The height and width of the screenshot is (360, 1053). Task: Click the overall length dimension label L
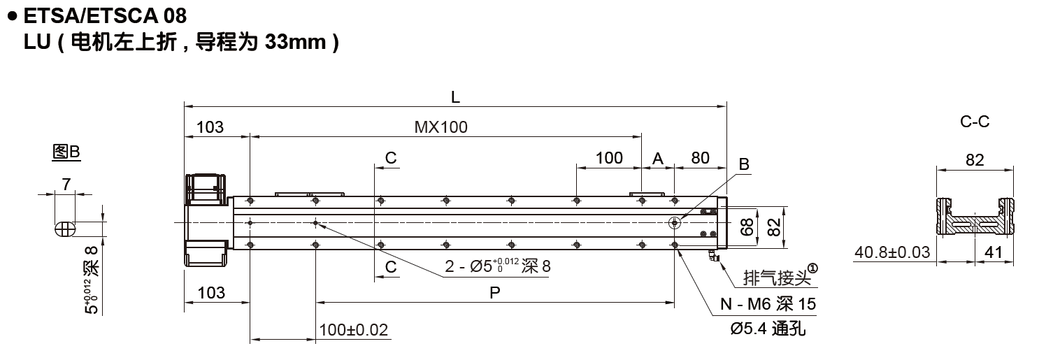coord(455,99)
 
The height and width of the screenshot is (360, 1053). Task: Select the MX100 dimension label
coord(440,127)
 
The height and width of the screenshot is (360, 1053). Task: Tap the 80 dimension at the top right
coord(700,158)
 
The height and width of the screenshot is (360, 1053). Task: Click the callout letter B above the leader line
coord(744,165)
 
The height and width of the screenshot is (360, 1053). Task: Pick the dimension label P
coord(494,294)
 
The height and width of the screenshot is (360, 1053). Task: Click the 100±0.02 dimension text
coord(353,330)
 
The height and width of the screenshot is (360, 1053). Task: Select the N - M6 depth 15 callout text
coord(767,305)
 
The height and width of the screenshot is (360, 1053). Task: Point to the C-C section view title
coord(975,122)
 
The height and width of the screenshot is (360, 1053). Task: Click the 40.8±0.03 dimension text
coord(893,252)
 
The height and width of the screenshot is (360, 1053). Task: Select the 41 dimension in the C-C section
coord(994,252)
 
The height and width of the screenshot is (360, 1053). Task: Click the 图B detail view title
coord(66,152)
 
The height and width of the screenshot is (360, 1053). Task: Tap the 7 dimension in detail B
coord(66,185)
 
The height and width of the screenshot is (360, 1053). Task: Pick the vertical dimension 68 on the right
coord(747,226)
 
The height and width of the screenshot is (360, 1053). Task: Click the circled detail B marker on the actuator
coord(674,223)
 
